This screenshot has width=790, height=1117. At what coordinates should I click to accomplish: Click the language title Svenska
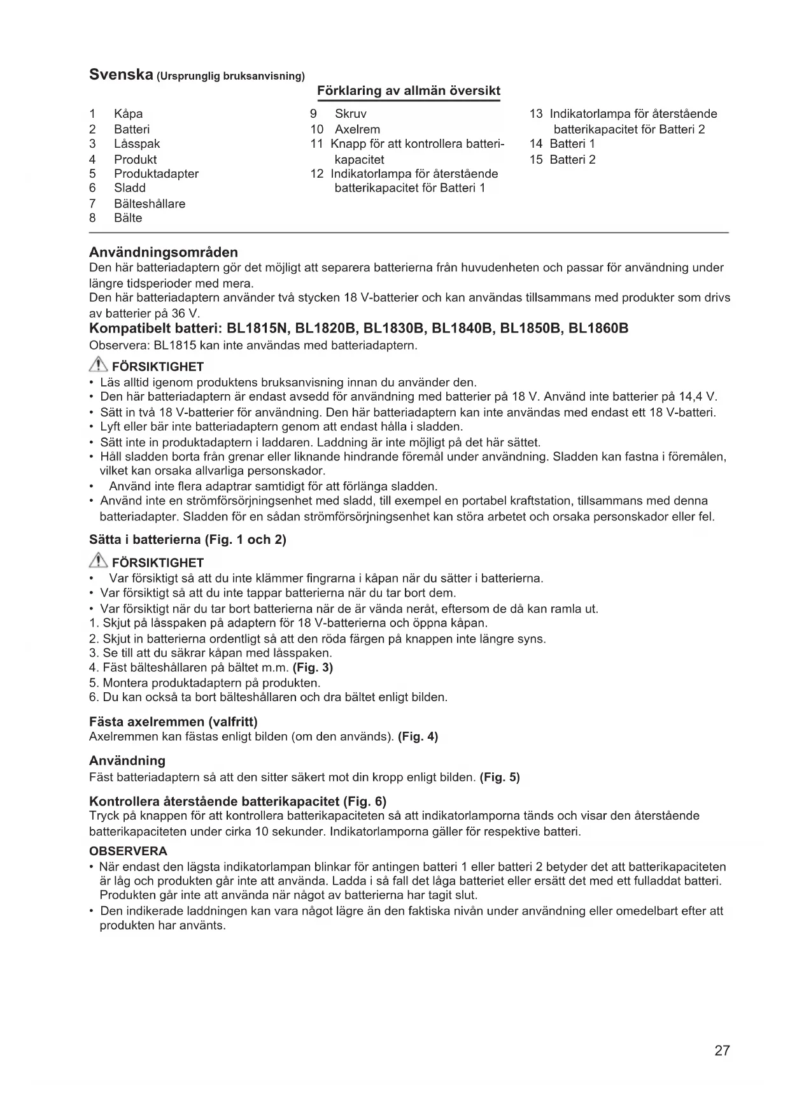(120, 74)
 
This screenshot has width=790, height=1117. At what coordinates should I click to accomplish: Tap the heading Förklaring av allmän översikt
(408, 90)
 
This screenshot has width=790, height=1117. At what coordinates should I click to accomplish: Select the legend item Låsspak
(137, 144)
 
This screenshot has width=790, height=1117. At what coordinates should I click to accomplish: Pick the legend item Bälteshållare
(150, 204)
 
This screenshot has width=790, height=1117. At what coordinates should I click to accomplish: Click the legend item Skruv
(350, 114)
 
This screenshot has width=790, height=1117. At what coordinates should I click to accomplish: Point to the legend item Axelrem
(357, 129)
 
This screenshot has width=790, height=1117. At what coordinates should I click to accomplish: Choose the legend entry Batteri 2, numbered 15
(572, 160)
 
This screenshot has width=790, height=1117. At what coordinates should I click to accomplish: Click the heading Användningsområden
(164, 252)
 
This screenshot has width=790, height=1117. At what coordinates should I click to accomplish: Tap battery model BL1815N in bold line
(258, 329)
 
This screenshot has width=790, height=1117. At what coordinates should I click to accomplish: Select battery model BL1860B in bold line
(598, 329)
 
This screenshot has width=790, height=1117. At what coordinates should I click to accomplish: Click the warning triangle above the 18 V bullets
(99, 366)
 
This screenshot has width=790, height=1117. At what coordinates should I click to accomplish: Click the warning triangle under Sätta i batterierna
(99, 562)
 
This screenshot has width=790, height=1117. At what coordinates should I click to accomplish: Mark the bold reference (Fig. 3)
(313, 667)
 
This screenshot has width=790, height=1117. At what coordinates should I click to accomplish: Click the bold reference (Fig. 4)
(418, 737)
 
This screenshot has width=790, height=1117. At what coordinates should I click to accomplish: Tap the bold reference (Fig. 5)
(500, 777)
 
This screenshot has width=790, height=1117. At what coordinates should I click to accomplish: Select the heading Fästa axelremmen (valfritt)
(173, 722)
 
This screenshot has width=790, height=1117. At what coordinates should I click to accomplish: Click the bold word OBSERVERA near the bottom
(128, 851)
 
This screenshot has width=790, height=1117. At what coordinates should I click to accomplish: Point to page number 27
(722, 1051)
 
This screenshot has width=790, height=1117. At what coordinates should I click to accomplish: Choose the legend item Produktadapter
(156, 174)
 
